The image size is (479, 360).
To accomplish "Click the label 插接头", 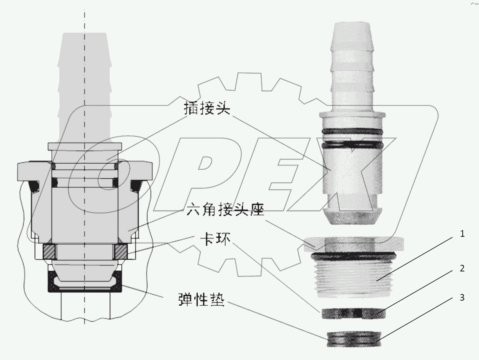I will [x=208, y=109].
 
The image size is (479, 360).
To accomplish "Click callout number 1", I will [x=462, y=234].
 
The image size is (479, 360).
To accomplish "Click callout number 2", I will [x=462, y=269].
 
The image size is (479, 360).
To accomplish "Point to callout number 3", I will [x=462, y=298].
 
